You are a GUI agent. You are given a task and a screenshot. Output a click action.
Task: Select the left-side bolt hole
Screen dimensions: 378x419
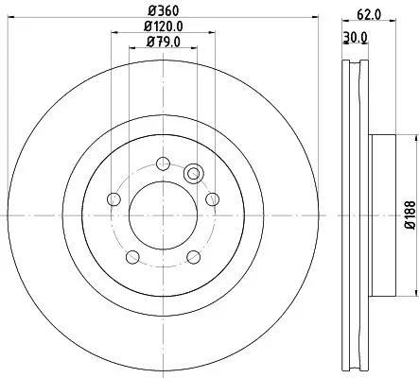(x=114, y=198)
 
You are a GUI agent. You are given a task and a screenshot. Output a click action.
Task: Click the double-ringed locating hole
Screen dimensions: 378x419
(x=195, y=173)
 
